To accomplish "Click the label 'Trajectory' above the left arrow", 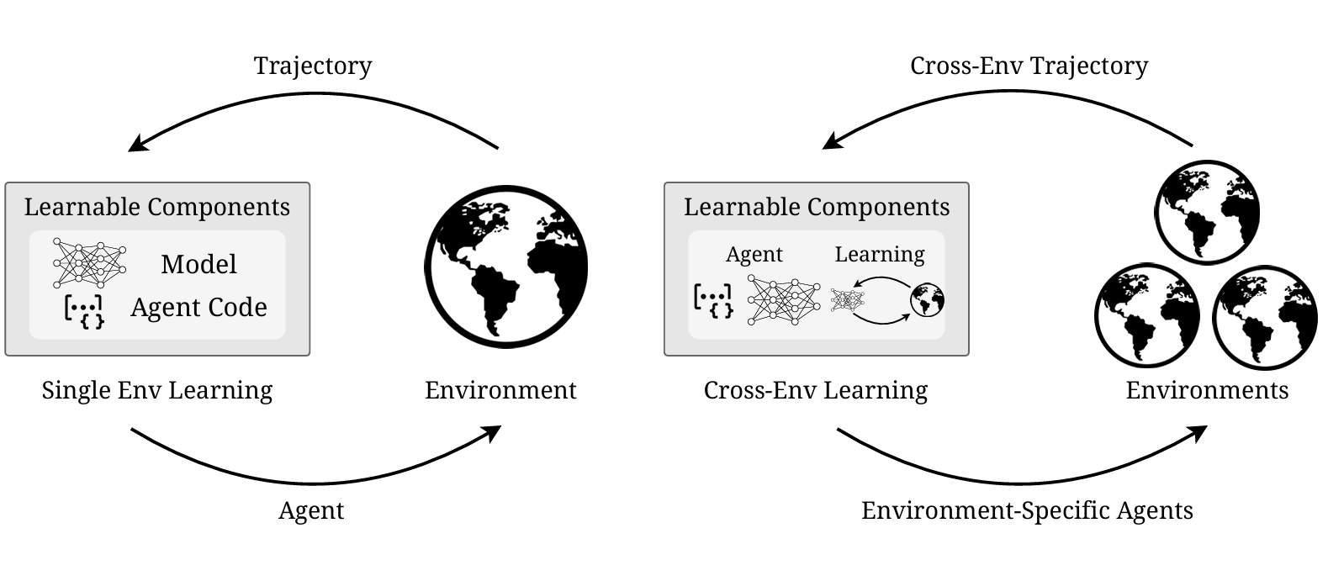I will point(313,66).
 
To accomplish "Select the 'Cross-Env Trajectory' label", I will point(1029,66).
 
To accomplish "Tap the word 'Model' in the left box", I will point(198,264).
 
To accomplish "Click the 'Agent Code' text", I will point(198,308).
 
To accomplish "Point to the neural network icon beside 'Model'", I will point(89,262).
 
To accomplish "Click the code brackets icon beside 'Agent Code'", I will point(84,310).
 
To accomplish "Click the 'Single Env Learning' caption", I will point(157,390).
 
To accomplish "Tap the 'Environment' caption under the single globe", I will point(500,390).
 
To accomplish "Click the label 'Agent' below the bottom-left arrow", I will point(311,510).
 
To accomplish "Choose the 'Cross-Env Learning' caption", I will point(816,390).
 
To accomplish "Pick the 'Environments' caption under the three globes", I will point(1207,390).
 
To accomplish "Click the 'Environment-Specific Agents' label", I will point(1027,510).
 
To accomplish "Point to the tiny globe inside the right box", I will point(927,300).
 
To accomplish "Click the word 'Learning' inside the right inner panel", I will point(879,254).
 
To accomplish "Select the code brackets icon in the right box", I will point(712,300).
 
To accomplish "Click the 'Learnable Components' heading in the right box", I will point(817,207).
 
